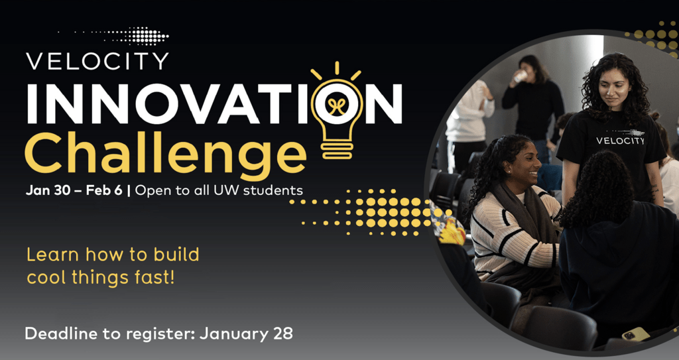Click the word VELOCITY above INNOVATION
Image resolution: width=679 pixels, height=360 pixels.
click(x=97, y=61)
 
